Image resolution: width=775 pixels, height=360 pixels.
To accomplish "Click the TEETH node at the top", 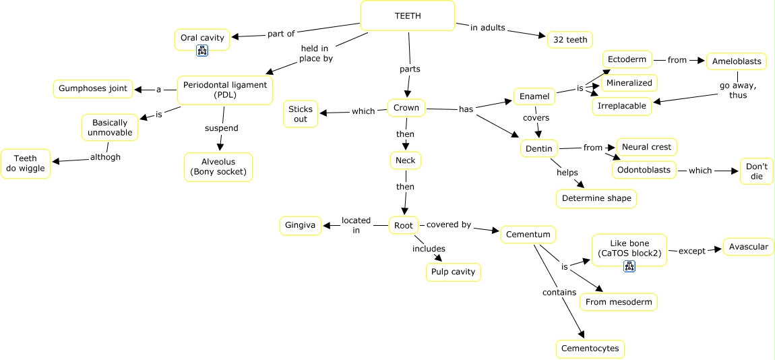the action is click(x=407, y=16).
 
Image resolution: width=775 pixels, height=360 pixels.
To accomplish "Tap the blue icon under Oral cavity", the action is click(x=202, y=50).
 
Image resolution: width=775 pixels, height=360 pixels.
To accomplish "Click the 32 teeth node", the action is click(x=570, y=40).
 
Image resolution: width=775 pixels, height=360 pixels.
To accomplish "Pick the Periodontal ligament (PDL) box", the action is click(x=225, y=90).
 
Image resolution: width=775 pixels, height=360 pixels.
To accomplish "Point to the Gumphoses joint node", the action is click(x=93, y=88).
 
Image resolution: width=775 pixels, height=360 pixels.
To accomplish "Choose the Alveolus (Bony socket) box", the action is click(x=218, y=167).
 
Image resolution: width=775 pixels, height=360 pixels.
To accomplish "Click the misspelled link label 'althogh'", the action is click(x=105, y=157).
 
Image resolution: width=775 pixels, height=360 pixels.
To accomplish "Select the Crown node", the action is click(x=406, y=108).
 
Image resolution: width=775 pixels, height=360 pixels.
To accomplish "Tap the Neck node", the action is click(x=406, y=160).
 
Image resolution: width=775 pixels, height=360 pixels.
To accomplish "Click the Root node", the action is click(x=403, y=225).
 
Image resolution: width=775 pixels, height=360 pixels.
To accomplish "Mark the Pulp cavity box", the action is click(x=454, y=272).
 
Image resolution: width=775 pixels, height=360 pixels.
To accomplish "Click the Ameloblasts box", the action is click(x=737, y=62).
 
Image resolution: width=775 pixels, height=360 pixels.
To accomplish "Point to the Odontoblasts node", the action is click(x=644, y=170).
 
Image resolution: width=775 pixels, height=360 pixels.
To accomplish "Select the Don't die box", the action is click(x=757, y=171).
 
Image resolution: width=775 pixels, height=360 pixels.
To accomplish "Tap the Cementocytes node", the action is click(x=590, y=349).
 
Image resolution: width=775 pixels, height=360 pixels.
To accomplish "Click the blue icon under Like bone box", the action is click(x=629, y=266).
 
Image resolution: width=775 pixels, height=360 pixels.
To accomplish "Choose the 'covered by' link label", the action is click(x=449, y=224).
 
